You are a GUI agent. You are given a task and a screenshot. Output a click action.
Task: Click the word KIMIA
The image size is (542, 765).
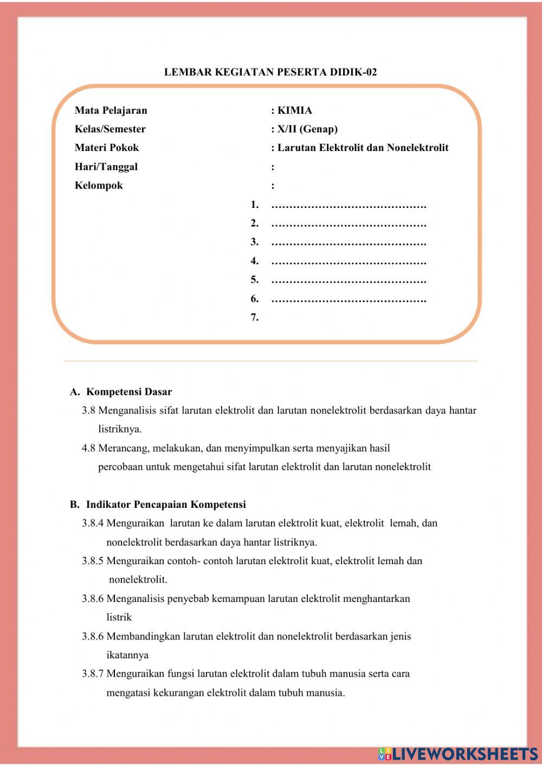[x=295, y=110]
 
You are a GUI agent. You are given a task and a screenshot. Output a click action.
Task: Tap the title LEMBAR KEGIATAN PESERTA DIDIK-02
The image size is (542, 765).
[x=270, y=72]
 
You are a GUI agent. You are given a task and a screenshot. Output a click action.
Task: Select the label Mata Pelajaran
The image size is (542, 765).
[x=111, y=110]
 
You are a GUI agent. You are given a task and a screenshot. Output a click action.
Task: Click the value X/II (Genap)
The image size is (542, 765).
[x=307, y=129]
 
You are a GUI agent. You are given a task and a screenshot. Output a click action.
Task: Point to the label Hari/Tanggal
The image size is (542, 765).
[x=106, y=167]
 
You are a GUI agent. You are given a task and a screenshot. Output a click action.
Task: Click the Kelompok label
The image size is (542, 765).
[x=99, y=186]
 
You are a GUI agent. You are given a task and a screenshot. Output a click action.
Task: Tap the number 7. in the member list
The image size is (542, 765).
[x=254, y=317]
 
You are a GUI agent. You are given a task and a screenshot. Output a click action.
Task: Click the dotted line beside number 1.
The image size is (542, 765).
[x=349, y=206]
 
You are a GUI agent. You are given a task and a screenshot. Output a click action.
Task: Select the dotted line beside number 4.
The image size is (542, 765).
[x=349, y=262]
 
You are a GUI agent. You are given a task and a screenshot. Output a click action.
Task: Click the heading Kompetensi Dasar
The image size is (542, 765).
[x=129, y=391]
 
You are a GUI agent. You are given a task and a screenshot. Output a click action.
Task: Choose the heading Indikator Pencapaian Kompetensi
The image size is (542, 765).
[x=166, y=505]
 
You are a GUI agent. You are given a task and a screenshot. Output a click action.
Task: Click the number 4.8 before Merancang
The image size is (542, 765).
[x=88, y=448]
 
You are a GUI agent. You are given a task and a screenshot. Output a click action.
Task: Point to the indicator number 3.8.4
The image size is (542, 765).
[x=93, y=524]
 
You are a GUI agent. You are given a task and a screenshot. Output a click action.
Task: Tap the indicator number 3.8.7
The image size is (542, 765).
[x=93, y=674]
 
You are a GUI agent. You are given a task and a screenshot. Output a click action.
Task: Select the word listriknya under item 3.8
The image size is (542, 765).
[x=120, y=429]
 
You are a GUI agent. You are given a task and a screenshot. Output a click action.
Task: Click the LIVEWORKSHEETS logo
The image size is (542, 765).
[x=458, y=753]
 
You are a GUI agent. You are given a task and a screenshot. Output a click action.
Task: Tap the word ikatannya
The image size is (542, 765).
[x=127, y=655]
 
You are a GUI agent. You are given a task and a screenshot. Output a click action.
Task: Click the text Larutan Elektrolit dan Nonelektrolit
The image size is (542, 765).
[x=363, y=148]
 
